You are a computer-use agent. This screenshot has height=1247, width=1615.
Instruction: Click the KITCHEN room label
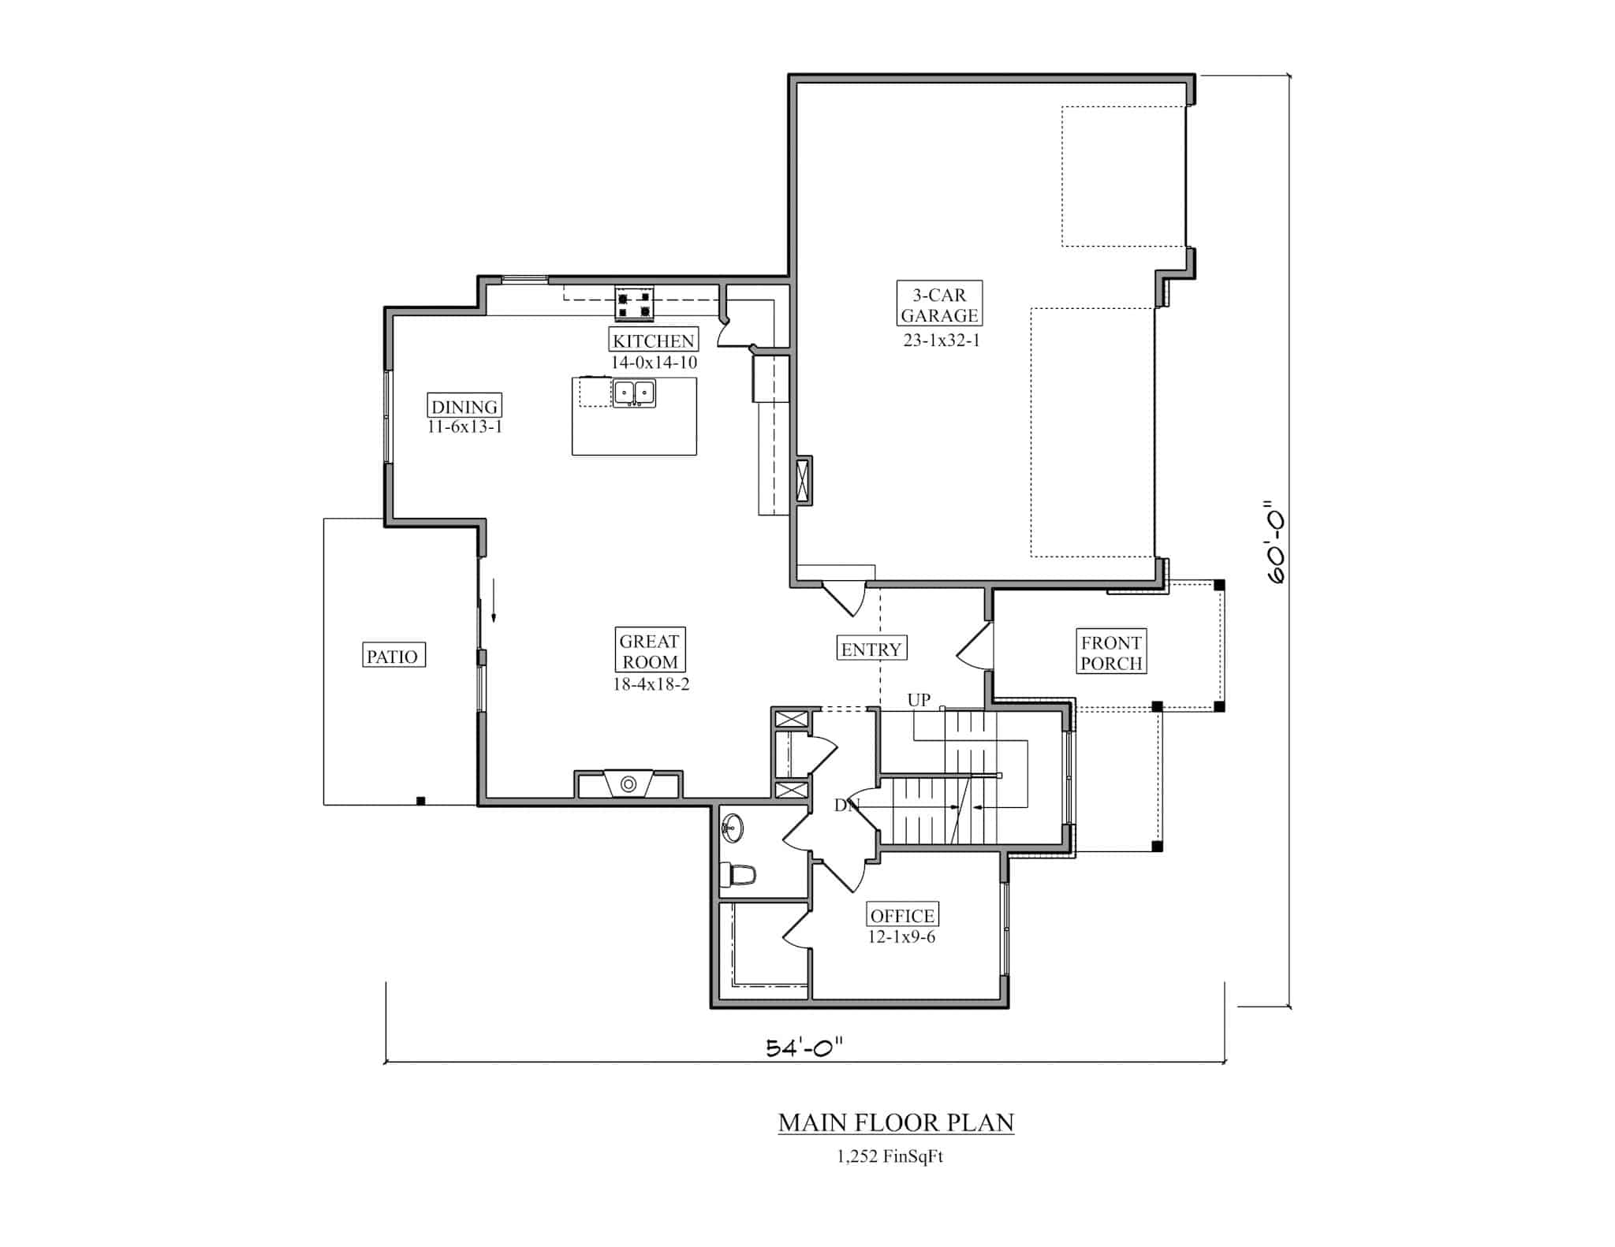click(653, 341)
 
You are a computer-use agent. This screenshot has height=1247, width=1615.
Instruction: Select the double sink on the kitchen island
click(634, 393)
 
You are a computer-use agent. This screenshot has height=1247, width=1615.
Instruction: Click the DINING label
click(464, 407)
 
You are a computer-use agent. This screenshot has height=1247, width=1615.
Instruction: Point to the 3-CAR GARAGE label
click(939, 305)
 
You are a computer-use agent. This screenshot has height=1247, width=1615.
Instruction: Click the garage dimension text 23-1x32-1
click(941, 341)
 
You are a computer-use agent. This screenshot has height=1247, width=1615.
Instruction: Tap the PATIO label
click(392, 656)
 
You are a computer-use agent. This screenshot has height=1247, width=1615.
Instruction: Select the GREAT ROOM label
click(649, 651)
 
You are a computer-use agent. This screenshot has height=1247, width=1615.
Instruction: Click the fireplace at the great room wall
click(628, 784)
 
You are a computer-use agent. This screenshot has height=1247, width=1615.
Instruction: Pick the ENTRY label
click(871, 650)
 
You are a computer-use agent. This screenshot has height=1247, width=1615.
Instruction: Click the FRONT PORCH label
click(1111, 652)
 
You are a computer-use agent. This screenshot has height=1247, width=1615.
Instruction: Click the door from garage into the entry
click(845, 597)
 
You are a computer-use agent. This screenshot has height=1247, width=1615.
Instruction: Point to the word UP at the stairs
click(919, 700)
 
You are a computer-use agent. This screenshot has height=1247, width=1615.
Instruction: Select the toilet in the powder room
click(738, 874)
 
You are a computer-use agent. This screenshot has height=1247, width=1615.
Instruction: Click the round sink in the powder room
click(732, 828)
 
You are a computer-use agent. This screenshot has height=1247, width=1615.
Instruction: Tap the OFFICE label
click(902, 915)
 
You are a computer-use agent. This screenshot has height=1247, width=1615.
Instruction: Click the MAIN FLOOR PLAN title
click(896, 1122)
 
